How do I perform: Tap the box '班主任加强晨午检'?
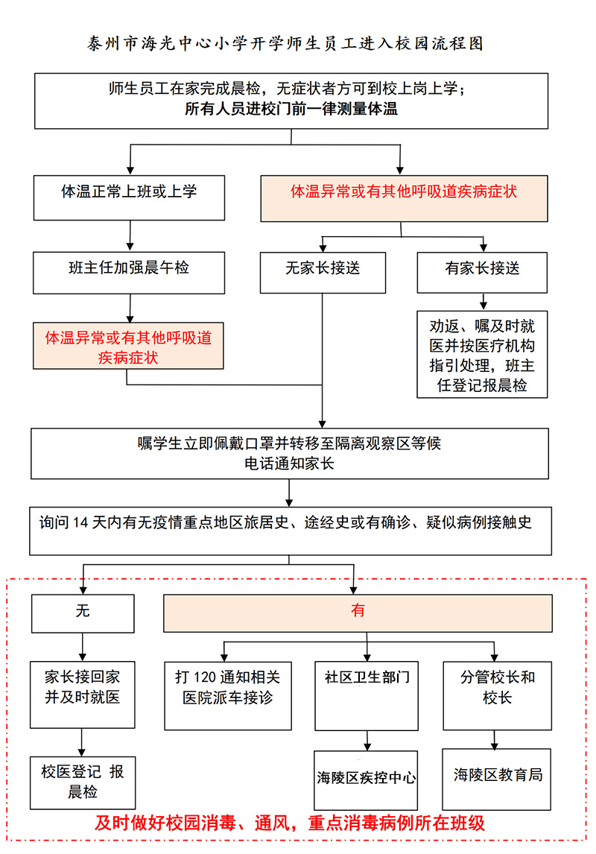coord(129,272)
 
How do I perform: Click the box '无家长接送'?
coord(323,272)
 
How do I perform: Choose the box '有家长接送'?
coord(482,272)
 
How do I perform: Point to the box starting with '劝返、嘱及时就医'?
coord(482,354)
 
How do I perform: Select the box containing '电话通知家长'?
coord(290,453)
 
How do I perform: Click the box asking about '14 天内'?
coord(290,531)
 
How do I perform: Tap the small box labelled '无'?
coord(82,613)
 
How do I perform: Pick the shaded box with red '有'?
coord(358,613)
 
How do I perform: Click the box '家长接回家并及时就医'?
coord(82,693)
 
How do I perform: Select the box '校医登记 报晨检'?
coord(82,782)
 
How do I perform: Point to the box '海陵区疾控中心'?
coord(366,779)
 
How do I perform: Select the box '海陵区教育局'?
coord(497,778)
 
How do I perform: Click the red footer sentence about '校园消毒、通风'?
coord(290,824)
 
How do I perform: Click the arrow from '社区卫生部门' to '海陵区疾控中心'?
coord(366,740)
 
